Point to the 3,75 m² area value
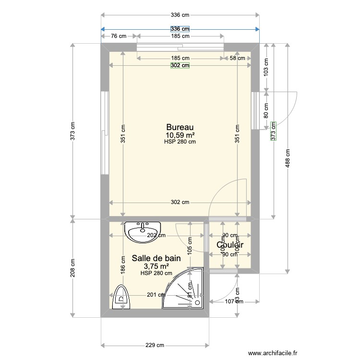156,266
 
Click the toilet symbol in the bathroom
120,298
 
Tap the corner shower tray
185,289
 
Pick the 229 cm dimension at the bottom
155,345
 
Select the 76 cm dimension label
119,36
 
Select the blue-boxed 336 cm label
180,29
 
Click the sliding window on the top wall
180,47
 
